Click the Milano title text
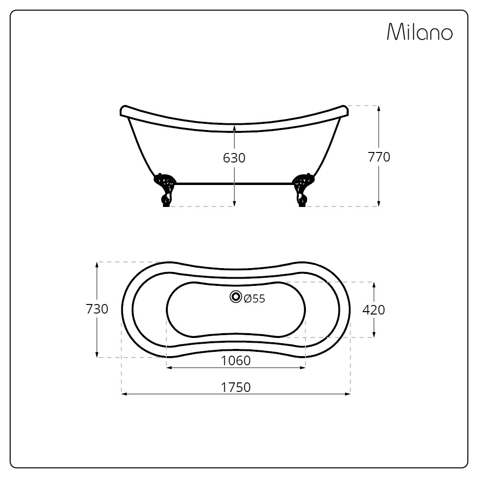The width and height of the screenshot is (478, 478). tap(420, 32)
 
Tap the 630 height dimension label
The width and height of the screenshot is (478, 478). tap(234, 158)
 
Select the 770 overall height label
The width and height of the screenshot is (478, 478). tap(379, 157)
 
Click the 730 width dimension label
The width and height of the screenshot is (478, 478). tap(97, 309)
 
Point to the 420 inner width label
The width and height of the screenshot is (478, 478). tap(374, 310)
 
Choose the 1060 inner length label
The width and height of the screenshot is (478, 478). tap(236, 360)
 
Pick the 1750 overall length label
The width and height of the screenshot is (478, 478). tap(236, 387)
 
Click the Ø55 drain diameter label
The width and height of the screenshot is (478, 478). tap(255, 298)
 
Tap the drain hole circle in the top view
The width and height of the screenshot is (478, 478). tap(236, 297)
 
